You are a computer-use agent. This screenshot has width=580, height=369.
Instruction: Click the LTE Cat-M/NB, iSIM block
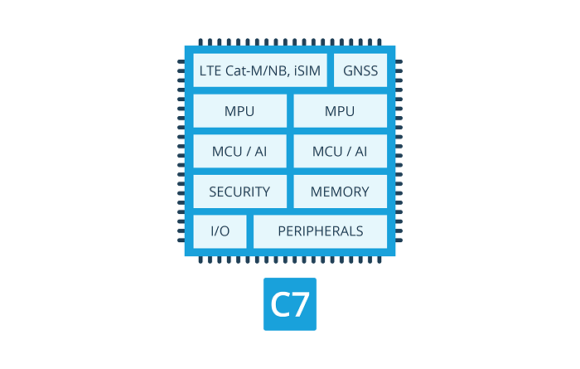click(259, 70)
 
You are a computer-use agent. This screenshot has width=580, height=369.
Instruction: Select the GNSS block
click(360, 70)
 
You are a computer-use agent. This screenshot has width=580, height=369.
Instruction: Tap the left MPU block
click(239, 111)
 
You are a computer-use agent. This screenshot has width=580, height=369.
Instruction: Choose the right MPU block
click(340, 111)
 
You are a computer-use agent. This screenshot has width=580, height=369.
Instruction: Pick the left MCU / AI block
click(239, 151)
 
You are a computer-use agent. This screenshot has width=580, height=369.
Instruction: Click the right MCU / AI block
click(340, 151)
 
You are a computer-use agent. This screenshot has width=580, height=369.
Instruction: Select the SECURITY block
click(239, 192)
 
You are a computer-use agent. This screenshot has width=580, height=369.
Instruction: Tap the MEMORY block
click(340, 192)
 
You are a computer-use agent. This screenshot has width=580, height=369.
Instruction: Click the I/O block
click(220, 231)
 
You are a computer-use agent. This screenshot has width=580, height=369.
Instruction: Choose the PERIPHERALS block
click(320, 231)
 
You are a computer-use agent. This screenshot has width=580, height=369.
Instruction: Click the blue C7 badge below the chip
click(290, 304)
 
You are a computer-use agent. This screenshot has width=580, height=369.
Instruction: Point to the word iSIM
click(304, 70)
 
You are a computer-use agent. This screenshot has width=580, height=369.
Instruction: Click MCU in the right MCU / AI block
click(327, 151)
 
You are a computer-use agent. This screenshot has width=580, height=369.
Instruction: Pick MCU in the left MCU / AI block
click(227, 151)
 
